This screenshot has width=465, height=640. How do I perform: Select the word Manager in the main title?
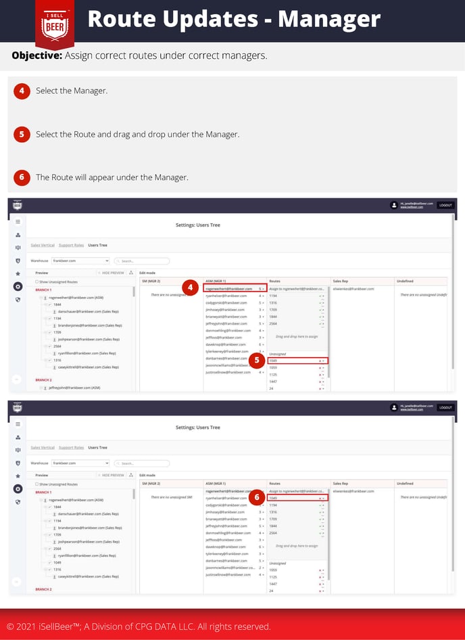pos(329,19)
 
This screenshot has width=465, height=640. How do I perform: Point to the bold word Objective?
pos(38,55)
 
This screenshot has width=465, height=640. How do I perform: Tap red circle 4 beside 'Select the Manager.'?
pos(22,91)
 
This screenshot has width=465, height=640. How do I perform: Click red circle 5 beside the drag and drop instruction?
pos(22,134)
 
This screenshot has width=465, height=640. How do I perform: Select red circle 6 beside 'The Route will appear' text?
pos(22,177)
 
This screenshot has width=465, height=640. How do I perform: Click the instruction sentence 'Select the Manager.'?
pos(72,91)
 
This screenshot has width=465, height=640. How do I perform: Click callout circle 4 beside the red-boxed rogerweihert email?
pos(191,288)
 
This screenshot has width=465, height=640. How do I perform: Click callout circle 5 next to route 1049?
pos(256,361)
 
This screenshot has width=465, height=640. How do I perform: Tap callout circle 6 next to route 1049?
pos(256,497)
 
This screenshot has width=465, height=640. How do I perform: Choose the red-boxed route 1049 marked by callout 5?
pos(297,361)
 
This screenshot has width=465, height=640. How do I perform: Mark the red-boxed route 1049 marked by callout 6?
pos(297,498)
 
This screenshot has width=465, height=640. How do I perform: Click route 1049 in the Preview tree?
pos(57,562)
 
